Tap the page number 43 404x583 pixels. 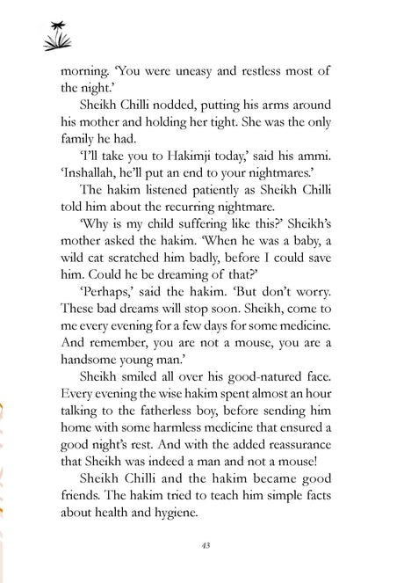[x=203, y=544]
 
